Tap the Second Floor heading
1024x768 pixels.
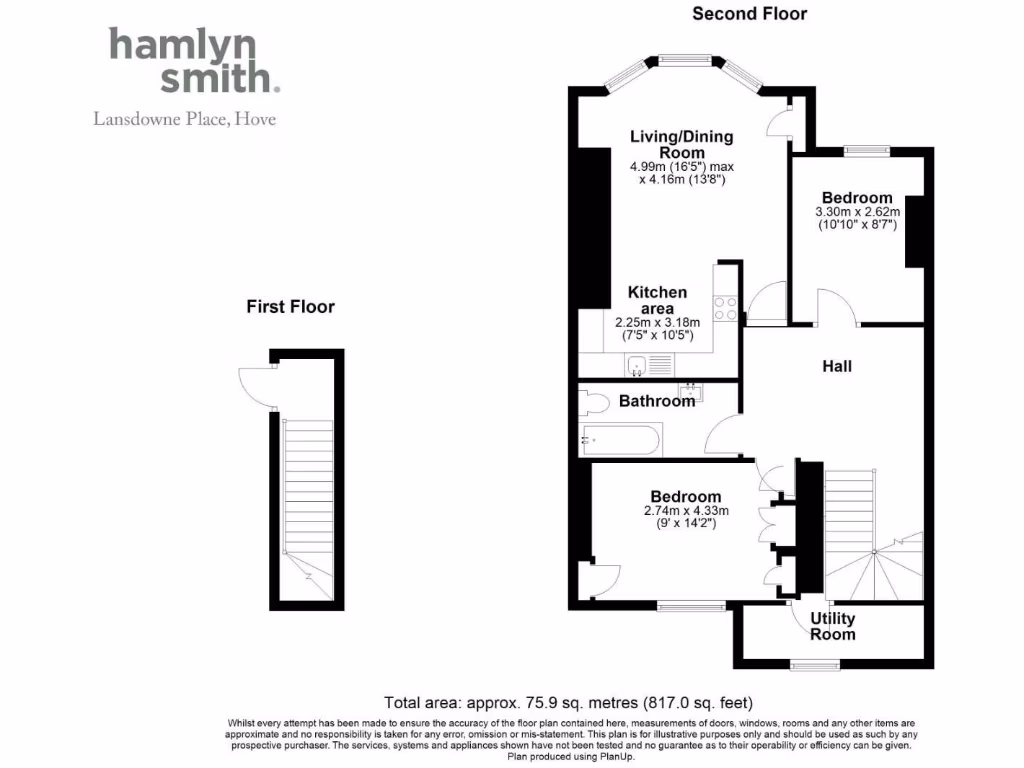749,14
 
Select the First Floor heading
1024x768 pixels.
290,307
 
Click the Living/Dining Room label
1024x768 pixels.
681,144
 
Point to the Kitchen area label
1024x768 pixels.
657,300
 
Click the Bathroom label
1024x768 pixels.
656,401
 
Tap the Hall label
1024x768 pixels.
837,367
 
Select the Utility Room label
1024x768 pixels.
832,626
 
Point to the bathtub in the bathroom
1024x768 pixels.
620,439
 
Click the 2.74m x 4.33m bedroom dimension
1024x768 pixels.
686,517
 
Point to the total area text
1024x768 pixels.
569,702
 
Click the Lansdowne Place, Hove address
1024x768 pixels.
185,119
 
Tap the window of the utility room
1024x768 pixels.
810,664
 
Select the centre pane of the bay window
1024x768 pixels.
685,60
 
